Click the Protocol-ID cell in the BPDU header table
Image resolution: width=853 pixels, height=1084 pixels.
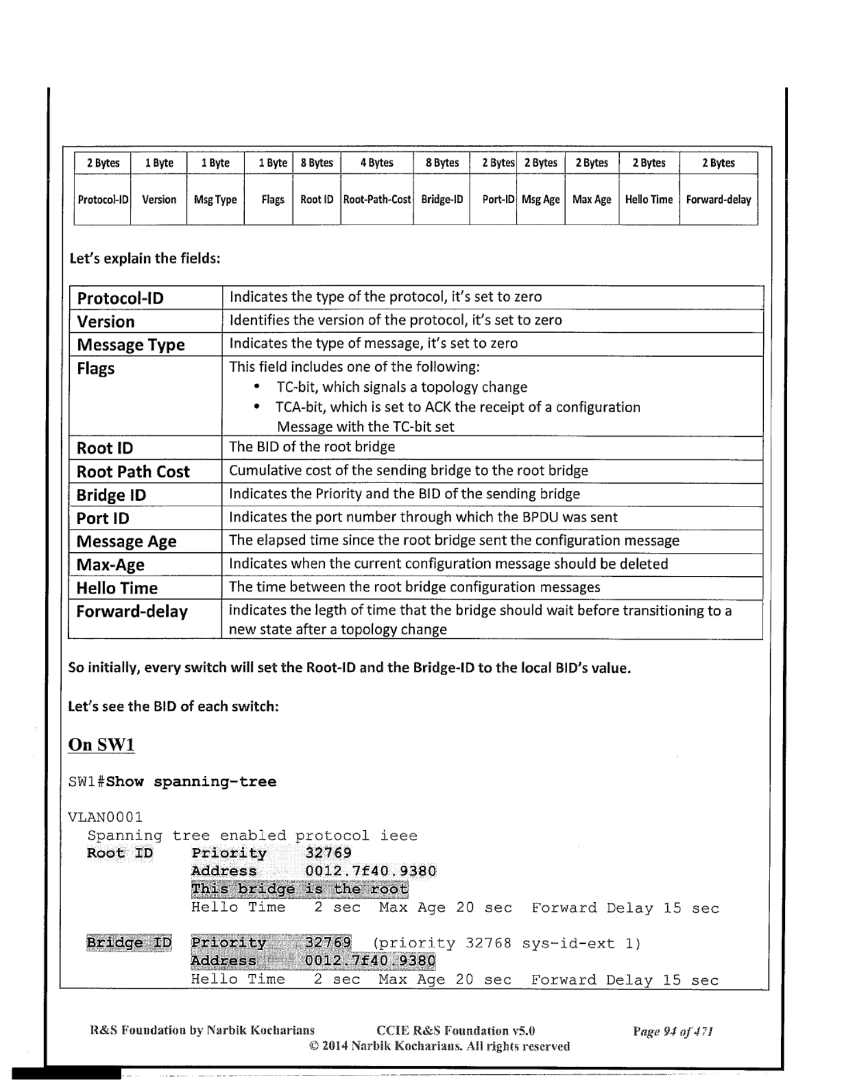pos(103,200)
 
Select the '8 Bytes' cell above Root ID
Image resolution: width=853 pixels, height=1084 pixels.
pos(317,163)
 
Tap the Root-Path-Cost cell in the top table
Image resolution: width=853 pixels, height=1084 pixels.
pos(377,200)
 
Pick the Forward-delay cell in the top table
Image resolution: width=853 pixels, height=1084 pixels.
pos(718,200)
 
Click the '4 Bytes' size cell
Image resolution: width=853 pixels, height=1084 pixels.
pos(377,163)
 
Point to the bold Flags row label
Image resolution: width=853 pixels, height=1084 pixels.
pos(96,369)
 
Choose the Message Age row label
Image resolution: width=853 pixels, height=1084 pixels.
pos(126,541)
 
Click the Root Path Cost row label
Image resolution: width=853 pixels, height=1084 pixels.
pos(133,472)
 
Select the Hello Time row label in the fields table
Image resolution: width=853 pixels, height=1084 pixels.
pos(117,588)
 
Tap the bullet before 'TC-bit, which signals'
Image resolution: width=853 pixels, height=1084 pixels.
pos(258,387)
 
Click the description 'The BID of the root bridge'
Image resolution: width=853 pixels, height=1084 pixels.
pos(312,447)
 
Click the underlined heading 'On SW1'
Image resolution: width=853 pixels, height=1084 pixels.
pos(101,744)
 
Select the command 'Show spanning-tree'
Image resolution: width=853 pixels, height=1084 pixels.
pos(191,782)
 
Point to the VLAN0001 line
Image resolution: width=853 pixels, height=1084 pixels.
pos(105,817)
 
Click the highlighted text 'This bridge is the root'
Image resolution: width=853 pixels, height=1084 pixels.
pos(300,889)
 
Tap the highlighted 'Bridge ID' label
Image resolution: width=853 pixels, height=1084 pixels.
pos(129,943)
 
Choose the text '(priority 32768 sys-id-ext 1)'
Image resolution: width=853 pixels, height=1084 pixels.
pos(507,943)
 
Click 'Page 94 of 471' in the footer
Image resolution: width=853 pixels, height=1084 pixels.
pos(672,1031)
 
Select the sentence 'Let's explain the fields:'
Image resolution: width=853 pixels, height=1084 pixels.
pos(145,258)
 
